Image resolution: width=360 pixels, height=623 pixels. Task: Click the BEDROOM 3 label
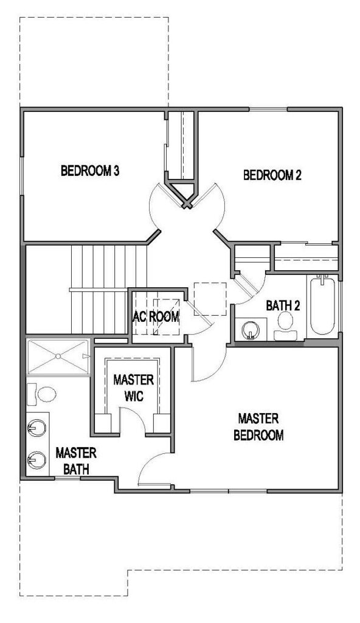tap(90, 171)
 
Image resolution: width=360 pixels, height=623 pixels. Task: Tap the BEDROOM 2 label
tap(272, 175)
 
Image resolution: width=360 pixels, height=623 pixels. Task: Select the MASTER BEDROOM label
tap(258, 426)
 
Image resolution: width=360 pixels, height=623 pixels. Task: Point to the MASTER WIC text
tap(134, 388)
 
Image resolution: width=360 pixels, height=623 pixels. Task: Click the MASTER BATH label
tap(76, 461)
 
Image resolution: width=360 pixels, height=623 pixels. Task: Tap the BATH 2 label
tap(283, 305)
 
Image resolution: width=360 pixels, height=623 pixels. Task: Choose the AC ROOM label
tap(156, 316)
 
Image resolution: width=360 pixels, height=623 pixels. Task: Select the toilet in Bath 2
tap(285, 326)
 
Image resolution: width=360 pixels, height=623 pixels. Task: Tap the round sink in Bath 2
tap(251, 330)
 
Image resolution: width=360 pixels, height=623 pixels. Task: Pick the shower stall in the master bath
tap(58, 357)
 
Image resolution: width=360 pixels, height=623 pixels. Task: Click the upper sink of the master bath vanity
tap(36, 428)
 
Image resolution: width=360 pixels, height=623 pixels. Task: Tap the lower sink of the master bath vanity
tap(36, 461)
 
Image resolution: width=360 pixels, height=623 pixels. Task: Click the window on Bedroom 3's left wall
tap(22, 175)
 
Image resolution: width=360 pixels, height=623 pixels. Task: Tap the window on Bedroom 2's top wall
tap(268, 109)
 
